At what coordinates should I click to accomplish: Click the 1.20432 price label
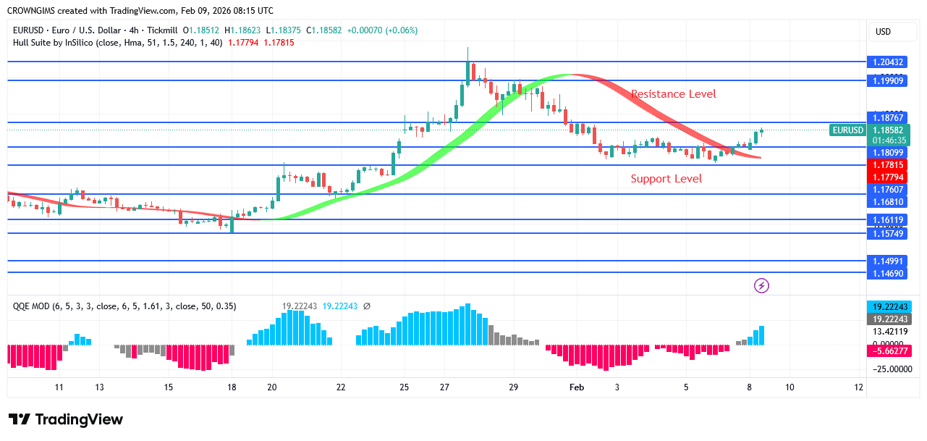887,62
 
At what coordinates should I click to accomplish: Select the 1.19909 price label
887,80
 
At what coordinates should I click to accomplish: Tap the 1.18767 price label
887,117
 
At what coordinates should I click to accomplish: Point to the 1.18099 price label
887,152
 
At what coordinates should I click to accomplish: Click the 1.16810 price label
887,201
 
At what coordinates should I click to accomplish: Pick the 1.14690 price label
887,273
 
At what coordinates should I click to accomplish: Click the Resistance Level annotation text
673,94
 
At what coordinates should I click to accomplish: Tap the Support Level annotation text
666,179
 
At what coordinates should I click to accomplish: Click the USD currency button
883,32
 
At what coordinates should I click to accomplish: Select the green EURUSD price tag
848,130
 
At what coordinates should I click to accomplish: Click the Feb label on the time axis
577,387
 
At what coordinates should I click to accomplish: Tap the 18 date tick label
232,387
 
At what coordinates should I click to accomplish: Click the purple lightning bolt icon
761,285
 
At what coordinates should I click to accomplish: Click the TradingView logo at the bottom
66,419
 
